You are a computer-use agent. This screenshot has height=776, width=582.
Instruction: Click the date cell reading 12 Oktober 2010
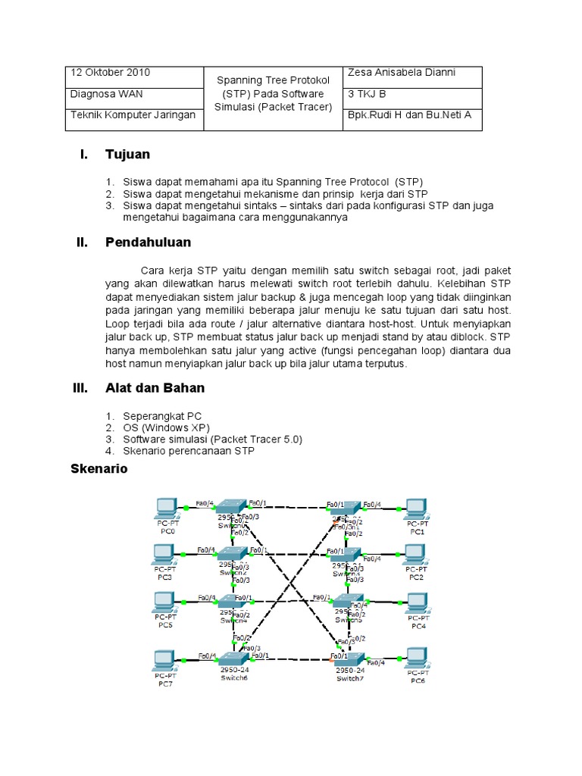click(111, 73)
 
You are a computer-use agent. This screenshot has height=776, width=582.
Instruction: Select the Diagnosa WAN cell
click(106, 95)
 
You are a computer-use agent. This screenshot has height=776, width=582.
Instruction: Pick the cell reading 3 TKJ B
click(367, 95)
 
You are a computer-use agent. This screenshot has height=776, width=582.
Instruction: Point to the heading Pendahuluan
click(148, 242)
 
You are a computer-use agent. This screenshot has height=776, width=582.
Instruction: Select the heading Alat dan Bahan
click(155, 388)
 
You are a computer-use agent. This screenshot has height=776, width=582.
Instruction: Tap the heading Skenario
click(99, 469)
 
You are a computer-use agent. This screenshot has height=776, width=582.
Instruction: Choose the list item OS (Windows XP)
click(167, 427)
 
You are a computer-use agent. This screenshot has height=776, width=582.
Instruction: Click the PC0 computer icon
click(167, 507)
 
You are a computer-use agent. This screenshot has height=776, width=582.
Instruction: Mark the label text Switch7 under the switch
click(349, 677)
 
